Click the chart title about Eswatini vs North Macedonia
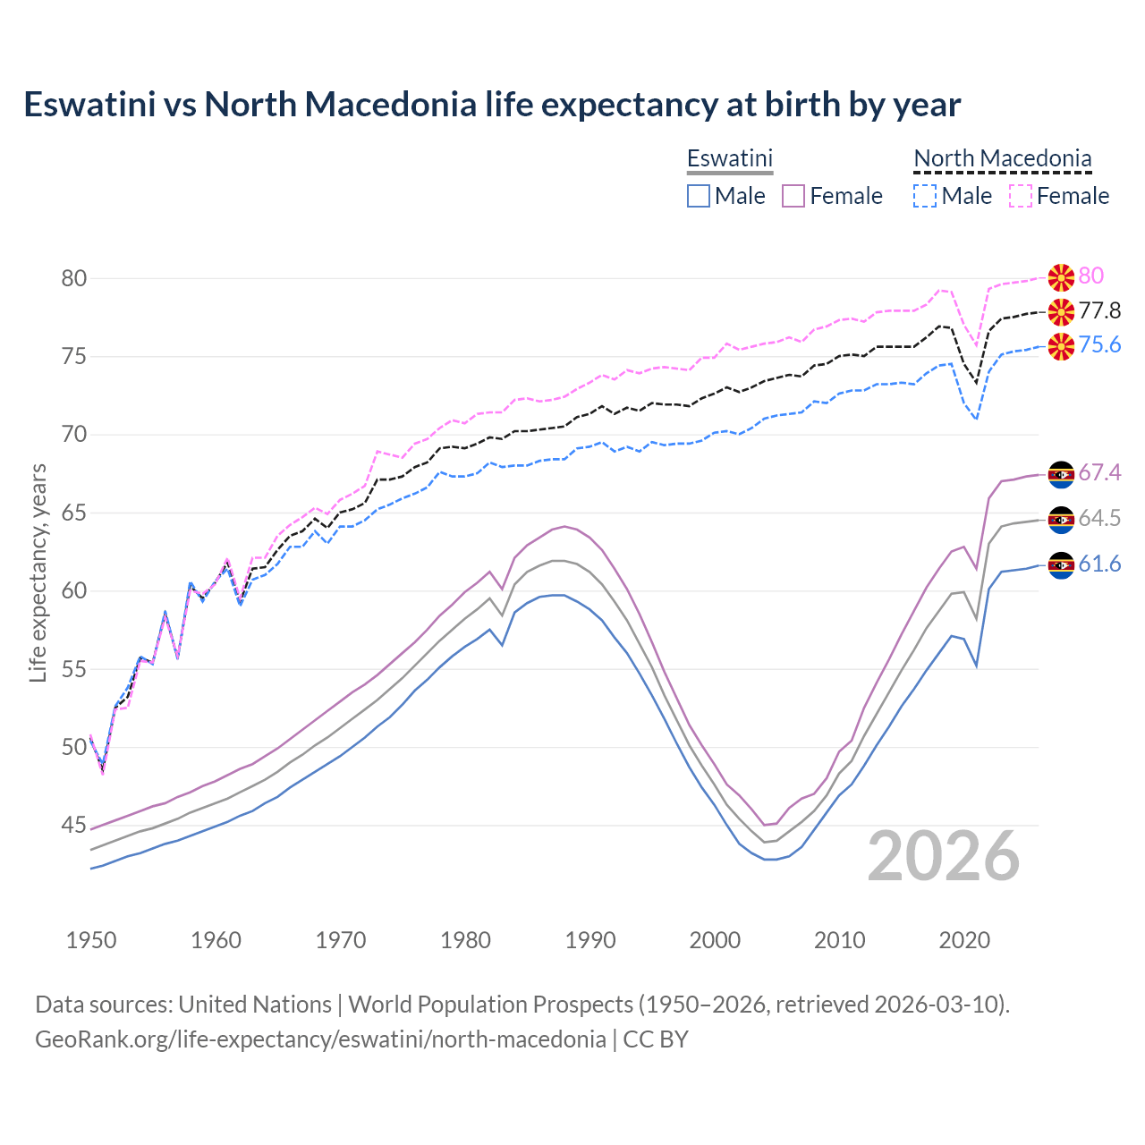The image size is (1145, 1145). click(x=491, y=105)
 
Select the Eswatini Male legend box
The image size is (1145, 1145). click(x=699, y=196)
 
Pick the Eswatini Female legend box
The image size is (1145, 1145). click(x=793, y=196)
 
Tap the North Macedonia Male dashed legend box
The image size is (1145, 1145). click(x=925, y=196)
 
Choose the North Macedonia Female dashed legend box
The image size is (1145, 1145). click(x=1021, y=196)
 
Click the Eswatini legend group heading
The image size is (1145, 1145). click(x=729, y=158)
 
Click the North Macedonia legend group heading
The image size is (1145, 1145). click(x=1002, y=158)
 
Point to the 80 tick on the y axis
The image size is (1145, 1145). click(x=74, y=278)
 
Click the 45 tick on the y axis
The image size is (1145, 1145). click(x=74, y=825)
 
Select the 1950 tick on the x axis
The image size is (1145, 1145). click(x=91, y=940)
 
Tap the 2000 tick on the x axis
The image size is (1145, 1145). click(x=715, y=940)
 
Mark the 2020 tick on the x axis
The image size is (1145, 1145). click(x=964, y=940)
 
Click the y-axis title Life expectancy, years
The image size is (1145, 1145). click(x=38, y=572)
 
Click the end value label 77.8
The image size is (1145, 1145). click(x=1099, y=311)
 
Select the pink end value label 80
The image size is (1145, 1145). click(x=1090, y=276)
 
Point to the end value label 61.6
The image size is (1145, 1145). click(x=1099, y=564)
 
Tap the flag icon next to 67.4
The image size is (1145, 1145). click(x=1061, y=474)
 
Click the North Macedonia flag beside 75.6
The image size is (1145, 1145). click(x=1061, y=346)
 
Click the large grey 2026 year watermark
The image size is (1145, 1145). click(x=943, y=856)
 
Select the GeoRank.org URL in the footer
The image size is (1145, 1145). click(x=320, y=1039)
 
